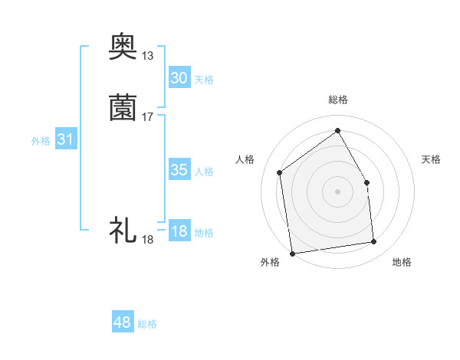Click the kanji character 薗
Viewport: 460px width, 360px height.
tap(123, 107)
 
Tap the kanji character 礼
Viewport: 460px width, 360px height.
tap(123, 229)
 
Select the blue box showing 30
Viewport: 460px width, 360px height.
tap(179, 78)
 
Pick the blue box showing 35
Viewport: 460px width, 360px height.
tap(179, 170)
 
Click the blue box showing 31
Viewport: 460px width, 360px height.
tap(65, 139)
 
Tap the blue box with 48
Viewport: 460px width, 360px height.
tap(123, 322)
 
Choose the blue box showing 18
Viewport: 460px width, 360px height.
tap(179, 231)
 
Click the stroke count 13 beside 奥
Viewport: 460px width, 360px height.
tap(147, 55)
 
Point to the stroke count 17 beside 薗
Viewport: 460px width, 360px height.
tap(147, 117)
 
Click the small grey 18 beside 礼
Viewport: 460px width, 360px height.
tap(147, 240)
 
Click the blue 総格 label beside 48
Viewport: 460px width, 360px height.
tap(147, 324)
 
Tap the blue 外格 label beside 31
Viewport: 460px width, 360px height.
tap(41, 141)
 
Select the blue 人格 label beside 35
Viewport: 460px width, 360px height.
tap(205, 172)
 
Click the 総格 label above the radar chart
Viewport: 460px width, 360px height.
tap(337, 100)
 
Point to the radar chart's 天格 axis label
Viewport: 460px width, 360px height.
tap(431, 159)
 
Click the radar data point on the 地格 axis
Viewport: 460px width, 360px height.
tap(374, 242)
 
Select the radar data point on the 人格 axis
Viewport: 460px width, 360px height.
tap(280, 172)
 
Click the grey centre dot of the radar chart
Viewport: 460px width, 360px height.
tap(337, 191)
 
